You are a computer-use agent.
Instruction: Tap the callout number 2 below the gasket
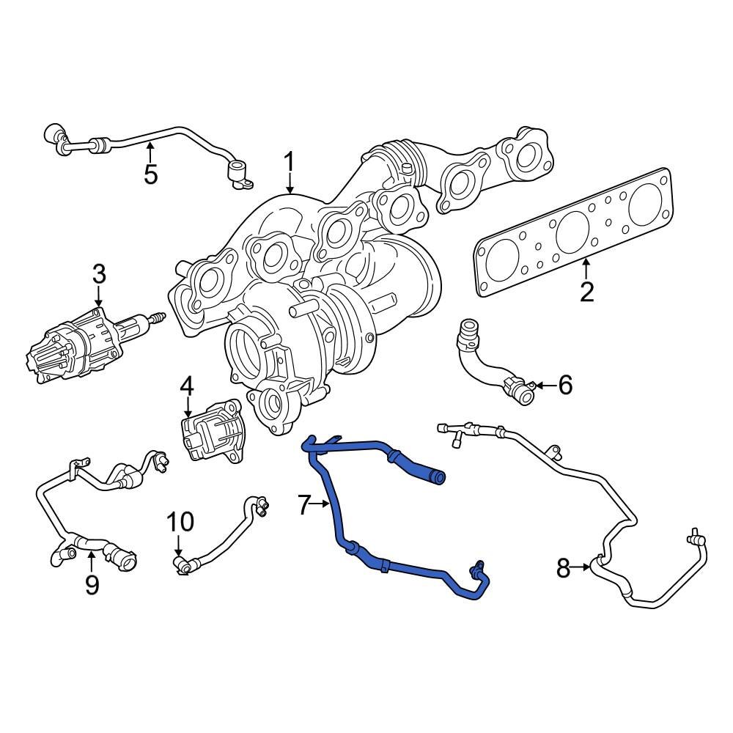586,291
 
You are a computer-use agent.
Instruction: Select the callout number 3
99,275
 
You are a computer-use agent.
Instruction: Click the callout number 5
150,174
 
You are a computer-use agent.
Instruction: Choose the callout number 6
564,384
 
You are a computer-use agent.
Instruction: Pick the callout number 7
306,504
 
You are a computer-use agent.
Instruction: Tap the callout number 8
563,568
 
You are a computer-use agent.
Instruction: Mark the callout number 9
92,584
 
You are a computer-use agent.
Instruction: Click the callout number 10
180,522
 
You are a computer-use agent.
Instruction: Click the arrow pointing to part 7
325,504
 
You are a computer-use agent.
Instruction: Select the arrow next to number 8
584,567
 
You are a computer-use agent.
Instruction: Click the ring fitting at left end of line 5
53,133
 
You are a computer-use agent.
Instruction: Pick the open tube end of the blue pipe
438,479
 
